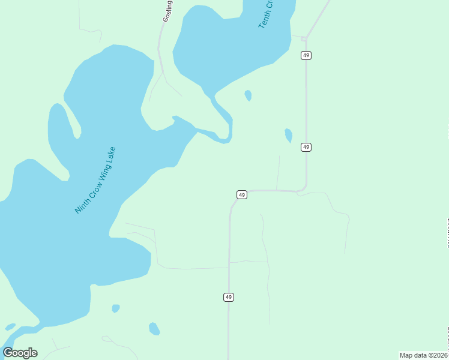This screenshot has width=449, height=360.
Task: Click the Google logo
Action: click(20, 353)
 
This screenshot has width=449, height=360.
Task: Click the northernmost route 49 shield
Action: click(306, 55)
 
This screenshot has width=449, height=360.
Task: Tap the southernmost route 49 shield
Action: click(228, 297)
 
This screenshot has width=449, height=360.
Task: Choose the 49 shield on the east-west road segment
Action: click(241, 194)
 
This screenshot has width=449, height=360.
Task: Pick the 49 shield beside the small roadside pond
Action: click(306, 147)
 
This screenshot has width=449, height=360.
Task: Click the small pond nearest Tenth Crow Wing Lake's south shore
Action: click(248, 95)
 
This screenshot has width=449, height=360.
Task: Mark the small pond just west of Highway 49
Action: click(289, 135)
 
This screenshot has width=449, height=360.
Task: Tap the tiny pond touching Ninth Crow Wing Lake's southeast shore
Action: click(115, 308)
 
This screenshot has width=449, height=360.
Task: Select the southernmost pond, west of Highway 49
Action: click(154, 329)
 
